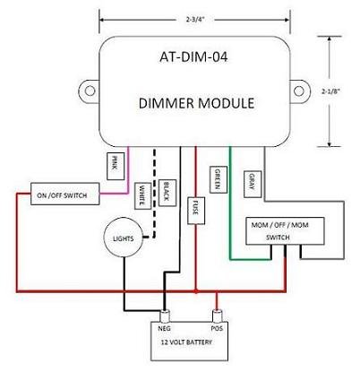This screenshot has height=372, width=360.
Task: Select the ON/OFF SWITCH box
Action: click(x=62, y=196)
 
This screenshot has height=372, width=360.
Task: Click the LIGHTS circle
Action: click(x=117, y=238)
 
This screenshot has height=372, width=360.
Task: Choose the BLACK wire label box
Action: click(x=167, y=189)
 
